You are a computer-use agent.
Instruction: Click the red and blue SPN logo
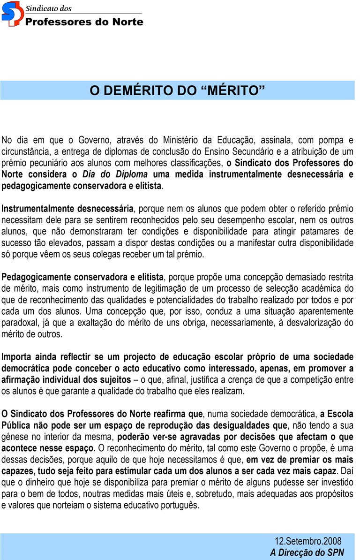(x=12, y=14)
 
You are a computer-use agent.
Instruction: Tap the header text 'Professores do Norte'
(x=84, y=22)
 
